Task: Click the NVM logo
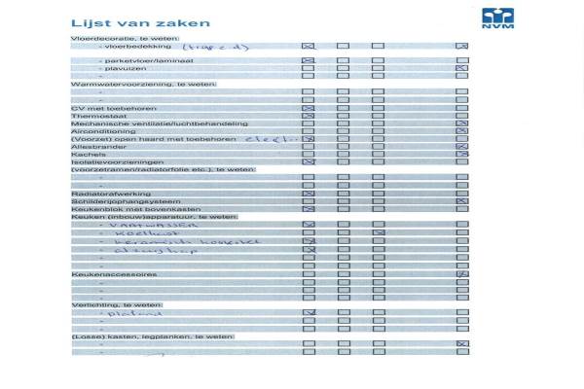[497, 18]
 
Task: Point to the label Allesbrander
[93, 147]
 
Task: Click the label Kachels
[87, 154]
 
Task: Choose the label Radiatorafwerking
[100, 194]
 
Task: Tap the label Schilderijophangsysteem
[110, 201]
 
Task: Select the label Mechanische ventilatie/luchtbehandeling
[146, 124]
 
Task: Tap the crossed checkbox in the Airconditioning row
[462, 131]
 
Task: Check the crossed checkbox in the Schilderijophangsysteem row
[462, 201]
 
